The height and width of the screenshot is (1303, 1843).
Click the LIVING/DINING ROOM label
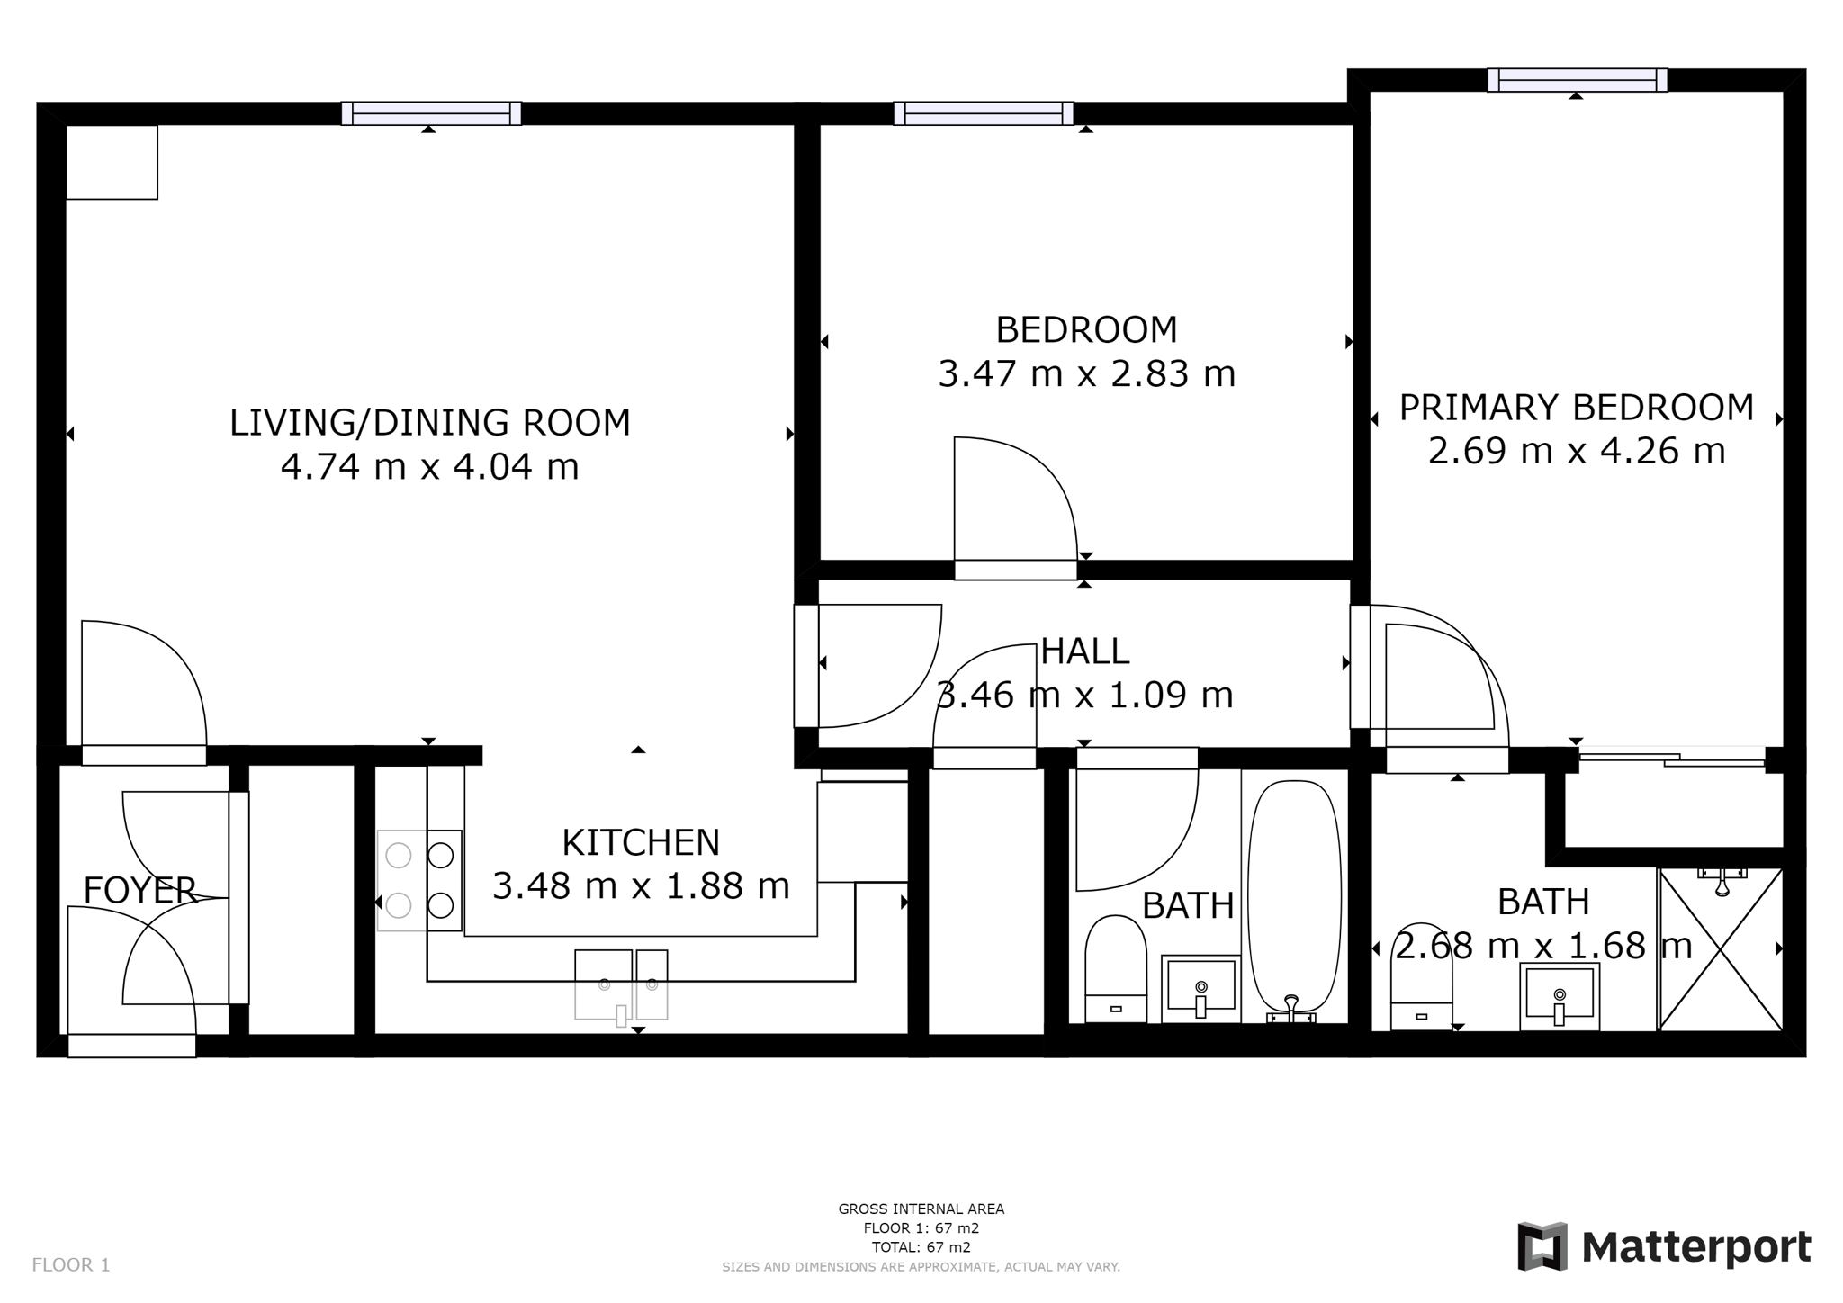[x=430, y=423]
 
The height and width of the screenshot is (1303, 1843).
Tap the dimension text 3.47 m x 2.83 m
[x=1087, y=373]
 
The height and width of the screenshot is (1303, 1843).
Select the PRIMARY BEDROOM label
[x=1577, y=408]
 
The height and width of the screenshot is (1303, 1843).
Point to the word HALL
[x=1085, y=651]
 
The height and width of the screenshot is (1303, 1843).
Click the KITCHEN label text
[x=641, y=843]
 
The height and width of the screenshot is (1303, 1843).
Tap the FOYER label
[x=139, y=890]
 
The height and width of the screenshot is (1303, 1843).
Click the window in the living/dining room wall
[x=431, y=113]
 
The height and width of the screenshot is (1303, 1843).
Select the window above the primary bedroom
[x=1577, y=80]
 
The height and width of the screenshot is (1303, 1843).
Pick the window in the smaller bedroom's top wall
[x=984, y=113]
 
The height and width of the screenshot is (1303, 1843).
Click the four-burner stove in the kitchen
[x=419, y=880]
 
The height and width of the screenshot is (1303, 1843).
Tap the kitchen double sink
[x=621, y=985]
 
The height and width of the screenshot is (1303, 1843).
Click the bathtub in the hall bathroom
[x=1294, y=901]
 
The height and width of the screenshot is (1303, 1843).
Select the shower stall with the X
[x=1720, y=949]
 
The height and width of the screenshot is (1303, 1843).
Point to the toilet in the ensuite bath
[x=1422, y=976]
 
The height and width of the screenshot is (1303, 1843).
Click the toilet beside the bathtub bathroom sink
[x=1116, y=969]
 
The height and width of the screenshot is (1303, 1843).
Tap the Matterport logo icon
[x=1542, y=1246]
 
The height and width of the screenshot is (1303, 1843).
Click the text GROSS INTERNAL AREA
[x=921, y=1209]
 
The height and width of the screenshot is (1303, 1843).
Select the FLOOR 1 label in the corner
[x=71, y=1265]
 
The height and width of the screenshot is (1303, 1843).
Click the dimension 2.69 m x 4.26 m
[x=1577, y=451]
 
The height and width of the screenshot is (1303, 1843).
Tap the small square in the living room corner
[x=112, y=162]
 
